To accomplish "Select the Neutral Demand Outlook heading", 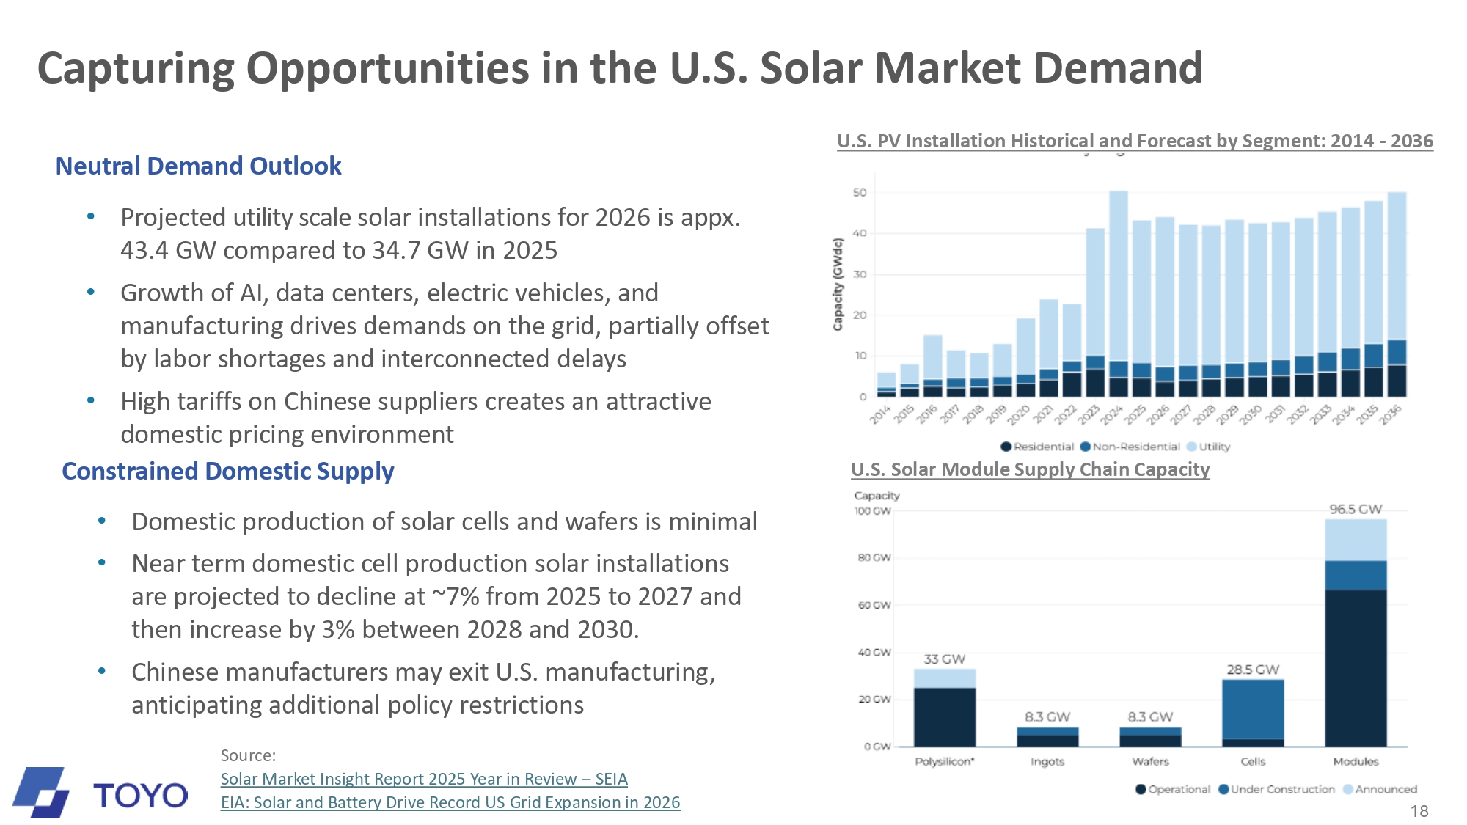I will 198,166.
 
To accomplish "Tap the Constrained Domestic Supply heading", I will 227,471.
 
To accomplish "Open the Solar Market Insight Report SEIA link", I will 424,779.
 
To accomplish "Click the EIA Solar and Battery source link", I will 450,802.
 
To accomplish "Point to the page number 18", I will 1419,811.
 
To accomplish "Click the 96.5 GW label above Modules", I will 1356,509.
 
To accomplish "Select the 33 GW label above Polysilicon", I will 945,659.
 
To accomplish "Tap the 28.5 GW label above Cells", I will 1253,670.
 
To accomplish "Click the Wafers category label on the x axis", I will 1150,762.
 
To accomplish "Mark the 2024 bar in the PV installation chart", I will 1119,293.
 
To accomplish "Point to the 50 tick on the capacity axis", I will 860,193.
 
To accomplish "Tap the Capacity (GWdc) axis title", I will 838,284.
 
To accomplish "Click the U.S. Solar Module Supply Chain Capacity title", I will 1030,469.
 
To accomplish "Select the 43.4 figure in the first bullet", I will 146,251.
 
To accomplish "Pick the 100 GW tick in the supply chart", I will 872,511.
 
